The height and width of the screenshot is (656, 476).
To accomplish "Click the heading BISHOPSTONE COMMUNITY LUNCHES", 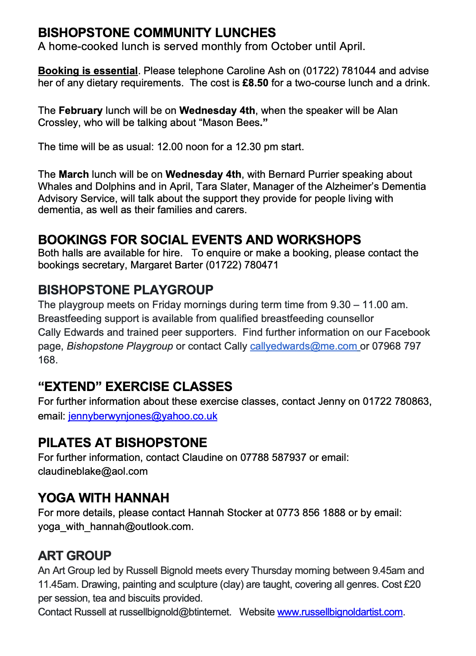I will (157, 33).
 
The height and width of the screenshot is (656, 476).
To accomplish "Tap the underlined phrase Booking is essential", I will (88, 71).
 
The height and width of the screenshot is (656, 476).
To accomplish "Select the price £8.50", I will (255, 83).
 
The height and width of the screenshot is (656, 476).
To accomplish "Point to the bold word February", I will (81, 110).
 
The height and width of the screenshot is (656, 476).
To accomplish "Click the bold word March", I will (74, 174).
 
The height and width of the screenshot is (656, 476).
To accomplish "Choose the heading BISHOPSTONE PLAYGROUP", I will (126, 290).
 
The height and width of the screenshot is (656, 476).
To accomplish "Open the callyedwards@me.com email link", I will (304, 346).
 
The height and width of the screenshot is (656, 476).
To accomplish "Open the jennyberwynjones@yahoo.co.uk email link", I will (143, 416).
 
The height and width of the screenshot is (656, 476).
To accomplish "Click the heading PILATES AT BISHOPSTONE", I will (122, 442).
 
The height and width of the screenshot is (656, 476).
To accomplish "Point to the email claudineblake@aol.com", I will (93, 471).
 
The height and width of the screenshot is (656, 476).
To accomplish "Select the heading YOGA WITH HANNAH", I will (103, 498).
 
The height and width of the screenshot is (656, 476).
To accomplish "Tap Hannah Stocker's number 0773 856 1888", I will (311, 513).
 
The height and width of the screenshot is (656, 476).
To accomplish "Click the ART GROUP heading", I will (75, 555).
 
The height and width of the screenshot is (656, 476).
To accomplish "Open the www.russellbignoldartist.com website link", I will (340, 612).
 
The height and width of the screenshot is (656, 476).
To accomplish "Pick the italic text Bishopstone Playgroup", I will (120, 346).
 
